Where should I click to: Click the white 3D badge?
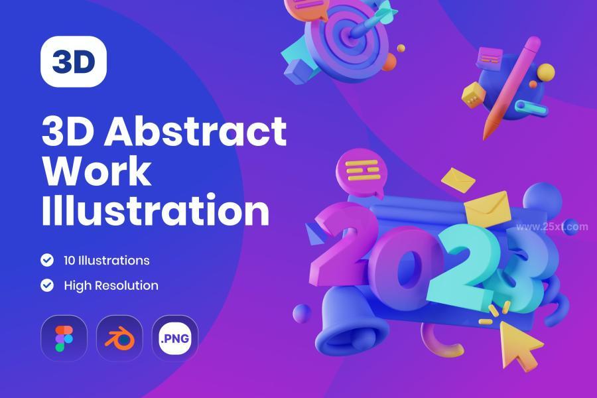(74, 61)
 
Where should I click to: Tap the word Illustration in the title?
(156, 210)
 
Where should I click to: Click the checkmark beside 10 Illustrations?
(47, 260)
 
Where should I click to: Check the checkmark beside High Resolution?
(47, 285)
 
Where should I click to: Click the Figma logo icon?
(64, 338)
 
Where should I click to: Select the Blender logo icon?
(119, 338)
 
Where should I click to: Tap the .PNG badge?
(174, 338)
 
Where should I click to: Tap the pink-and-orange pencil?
(511, 88)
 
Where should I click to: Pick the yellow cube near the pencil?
(473, 94)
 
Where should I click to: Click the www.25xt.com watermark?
(552, 227)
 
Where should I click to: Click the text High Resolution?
(111, 286)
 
